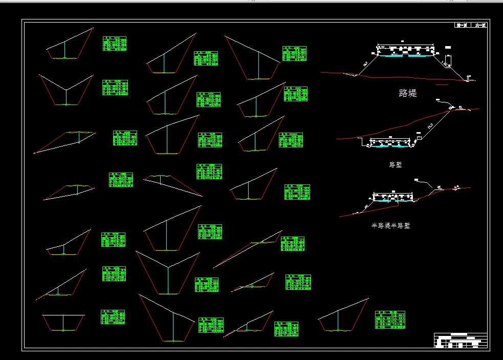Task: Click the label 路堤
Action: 407,93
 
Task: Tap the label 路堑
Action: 396,164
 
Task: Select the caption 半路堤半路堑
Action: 391,225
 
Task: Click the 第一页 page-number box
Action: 463,25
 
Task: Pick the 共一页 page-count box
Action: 480,25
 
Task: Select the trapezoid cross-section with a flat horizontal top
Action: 63,323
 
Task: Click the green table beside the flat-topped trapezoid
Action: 113,317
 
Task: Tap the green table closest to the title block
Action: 390,320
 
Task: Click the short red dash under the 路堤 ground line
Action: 442,84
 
